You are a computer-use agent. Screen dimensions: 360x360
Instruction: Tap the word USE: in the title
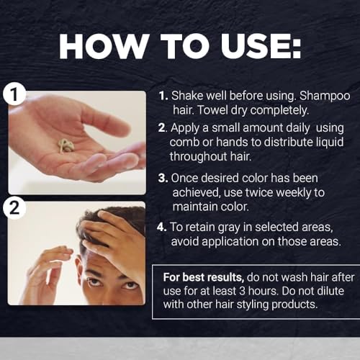click(261, 46)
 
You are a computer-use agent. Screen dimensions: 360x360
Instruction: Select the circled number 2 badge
click(14, 208)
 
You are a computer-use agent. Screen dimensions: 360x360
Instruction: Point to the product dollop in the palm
click(66, 145)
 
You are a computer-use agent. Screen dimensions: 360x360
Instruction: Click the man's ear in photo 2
click(78, 265)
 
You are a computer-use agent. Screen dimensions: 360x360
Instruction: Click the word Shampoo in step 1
click(325, 96)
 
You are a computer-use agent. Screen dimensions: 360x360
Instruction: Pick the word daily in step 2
click(297, 128)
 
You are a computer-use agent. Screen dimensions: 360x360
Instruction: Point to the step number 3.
click(163, 179)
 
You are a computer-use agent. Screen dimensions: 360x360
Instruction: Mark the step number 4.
click(161, 227)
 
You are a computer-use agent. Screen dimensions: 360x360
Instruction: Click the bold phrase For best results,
click(204, 277)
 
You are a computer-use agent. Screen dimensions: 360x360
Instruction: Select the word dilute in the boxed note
click(330, 291)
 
